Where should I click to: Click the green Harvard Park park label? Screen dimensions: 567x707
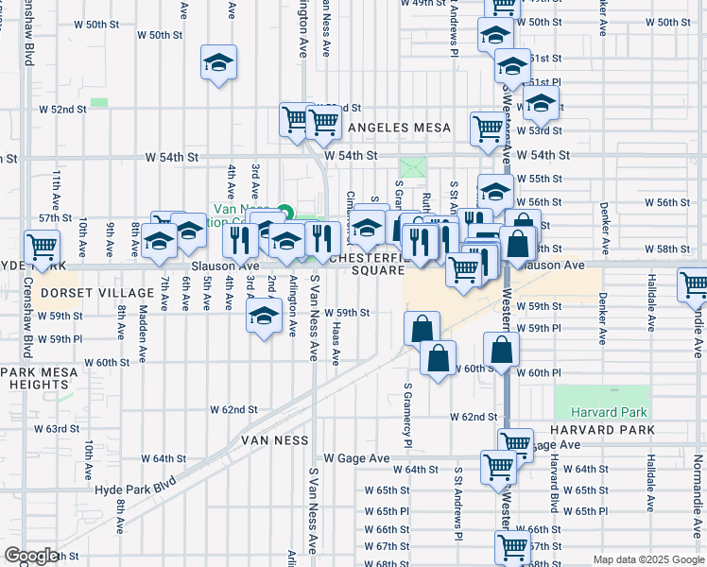click(x=602, y=412)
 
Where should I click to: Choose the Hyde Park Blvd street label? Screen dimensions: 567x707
click(x=135, y=484)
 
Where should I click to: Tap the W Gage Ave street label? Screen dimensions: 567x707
click(x=356, y=458)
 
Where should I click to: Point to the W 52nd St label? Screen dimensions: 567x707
click(x=69, y=110)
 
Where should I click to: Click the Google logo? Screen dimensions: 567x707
click(x=31, y=556)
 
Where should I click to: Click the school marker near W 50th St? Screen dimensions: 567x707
click(x=219, y=63)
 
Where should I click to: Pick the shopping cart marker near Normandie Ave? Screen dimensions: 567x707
click(x=693, y=283)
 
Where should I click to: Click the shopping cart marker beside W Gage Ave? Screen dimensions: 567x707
click(x=515, y=442)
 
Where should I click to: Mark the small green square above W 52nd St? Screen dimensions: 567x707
click(x=98, y=102)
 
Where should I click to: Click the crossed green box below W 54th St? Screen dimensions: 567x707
click(x=413, y=167)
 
